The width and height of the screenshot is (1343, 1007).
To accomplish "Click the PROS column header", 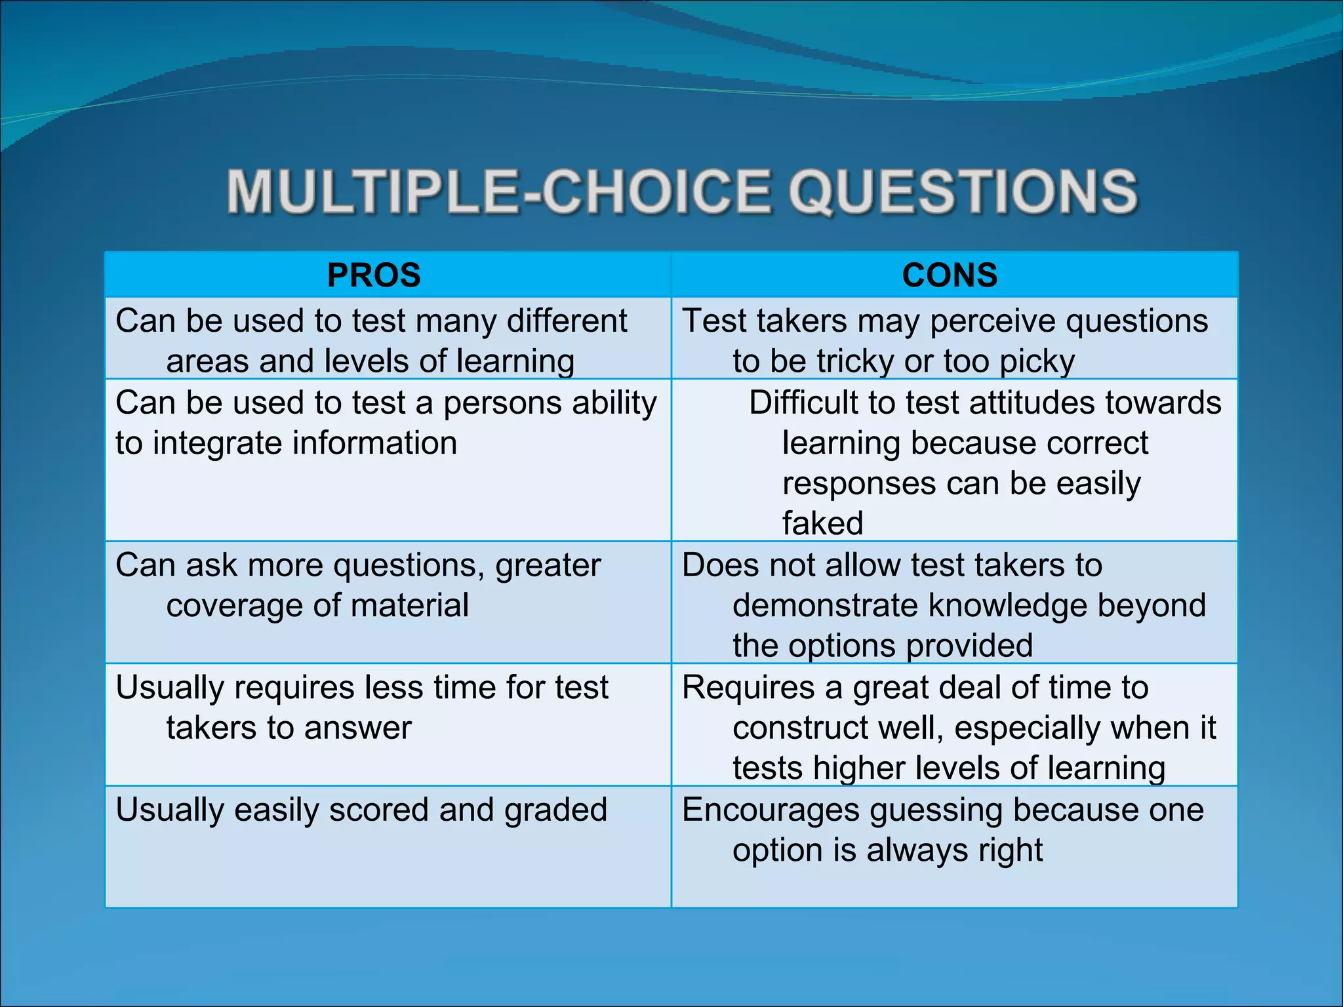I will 374,275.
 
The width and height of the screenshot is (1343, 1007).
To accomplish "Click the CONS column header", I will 950,275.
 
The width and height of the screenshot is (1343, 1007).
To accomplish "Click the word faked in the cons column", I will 822,523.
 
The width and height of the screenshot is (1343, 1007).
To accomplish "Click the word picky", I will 1037,361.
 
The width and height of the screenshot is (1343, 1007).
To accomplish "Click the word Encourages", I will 771,810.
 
